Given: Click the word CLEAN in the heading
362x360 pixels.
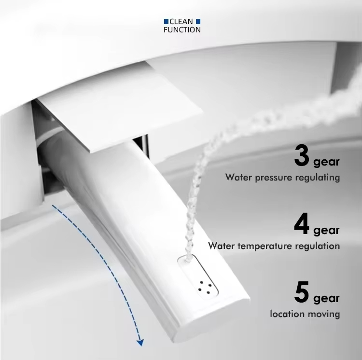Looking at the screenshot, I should (182, 22).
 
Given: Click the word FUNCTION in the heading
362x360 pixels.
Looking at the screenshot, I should (182, 30).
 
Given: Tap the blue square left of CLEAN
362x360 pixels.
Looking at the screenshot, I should (167, 22).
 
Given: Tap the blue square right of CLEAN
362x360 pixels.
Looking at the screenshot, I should (197, 22).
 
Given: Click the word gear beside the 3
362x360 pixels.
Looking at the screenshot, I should (326, 162).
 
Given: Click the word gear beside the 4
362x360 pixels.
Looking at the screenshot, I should (326, 230).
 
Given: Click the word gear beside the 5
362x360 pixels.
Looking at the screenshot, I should (326, 299).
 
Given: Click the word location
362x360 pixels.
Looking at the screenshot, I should (286, 314).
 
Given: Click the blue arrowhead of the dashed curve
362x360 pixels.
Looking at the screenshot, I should (140, 342).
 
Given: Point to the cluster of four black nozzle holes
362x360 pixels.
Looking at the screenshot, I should (203, 285).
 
